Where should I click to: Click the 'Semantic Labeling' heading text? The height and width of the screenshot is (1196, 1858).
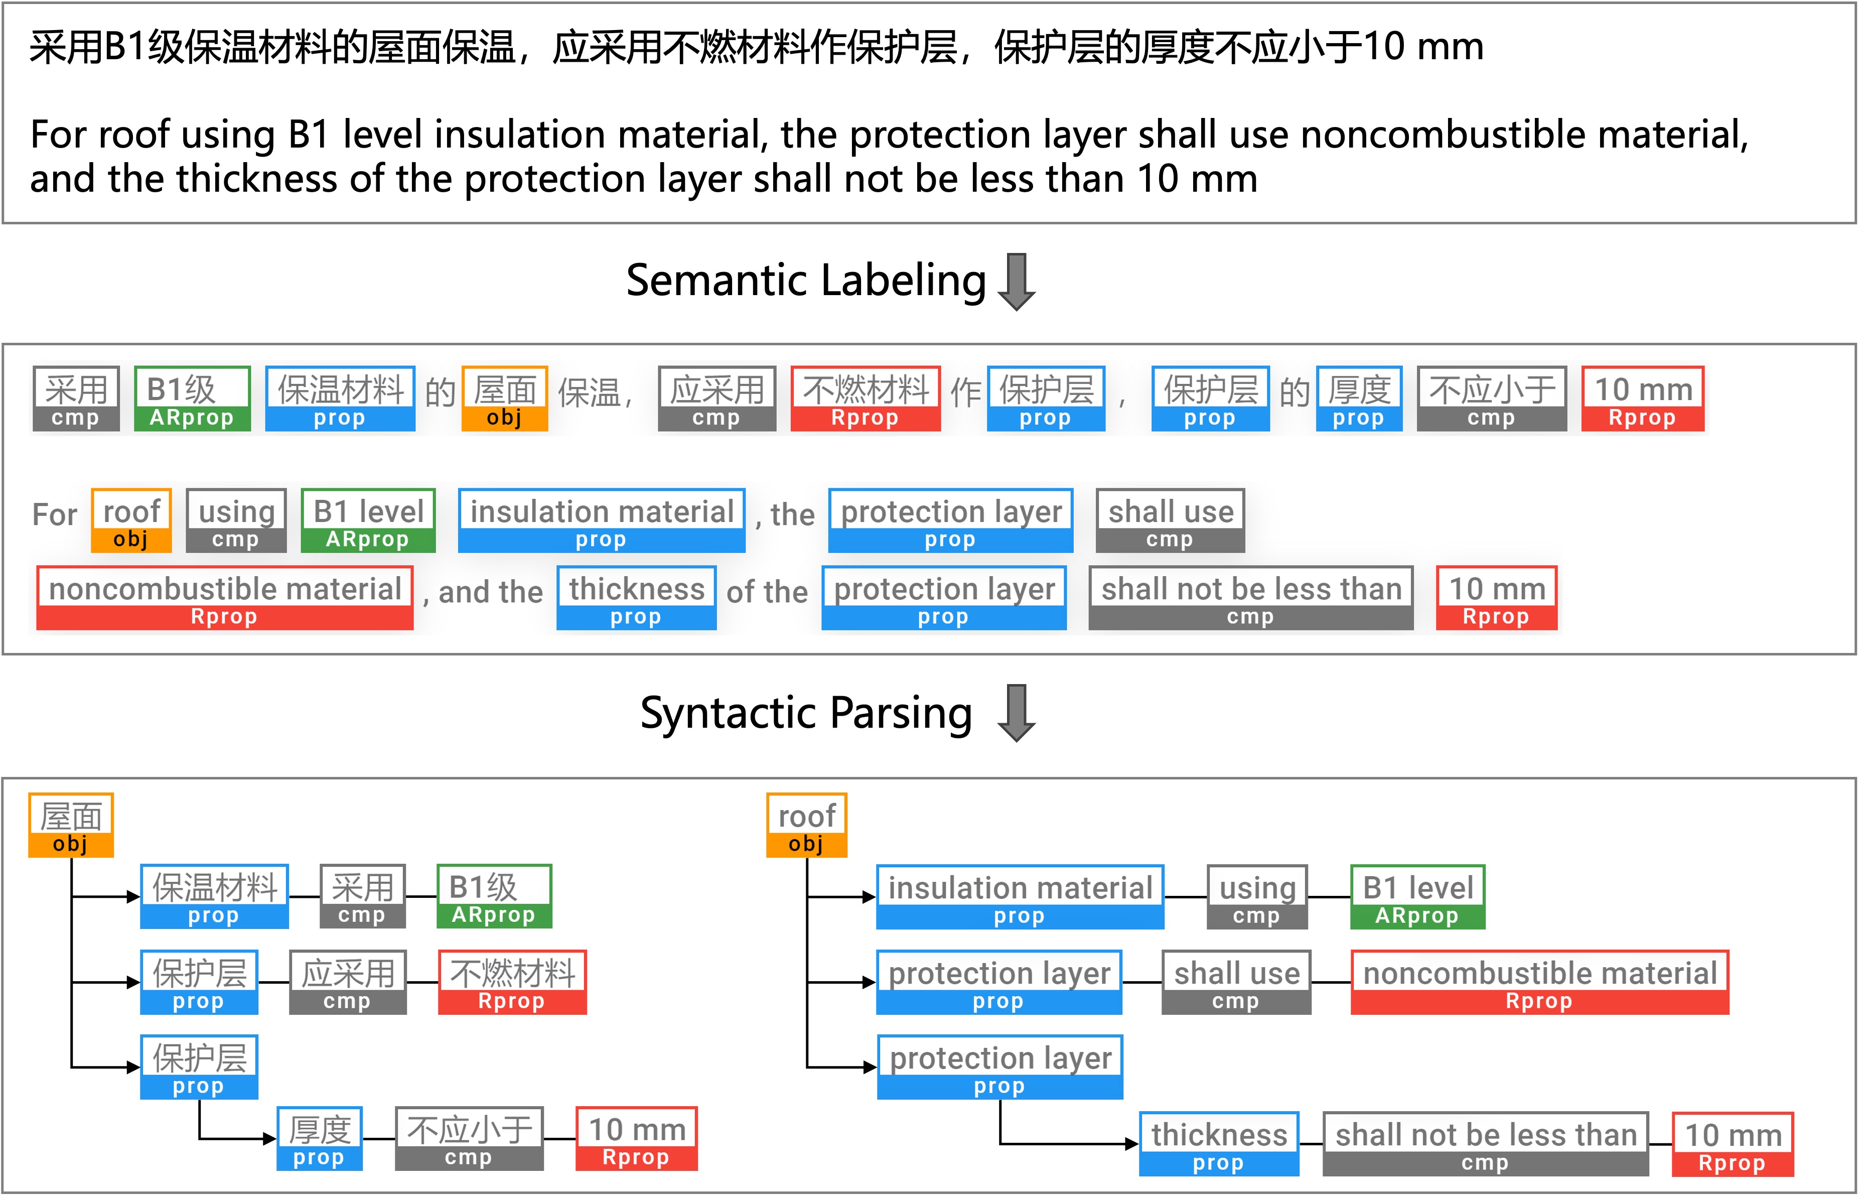tap(805, 281)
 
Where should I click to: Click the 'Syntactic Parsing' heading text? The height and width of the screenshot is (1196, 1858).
tap(805, 713)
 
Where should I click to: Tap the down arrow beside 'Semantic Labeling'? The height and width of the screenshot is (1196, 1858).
tap(1017, 281)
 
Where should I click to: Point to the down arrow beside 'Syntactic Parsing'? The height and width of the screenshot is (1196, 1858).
tap(1017, 713)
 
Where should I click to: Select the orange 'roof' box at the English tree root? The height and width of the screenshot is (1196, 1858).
tap(806, 825)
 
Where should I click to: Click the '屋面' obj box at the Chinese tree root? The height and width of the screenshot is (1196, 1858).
tap(71, 825)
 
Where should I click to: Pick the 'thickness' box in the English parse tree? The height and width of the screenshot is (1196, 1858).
tap(1218, 1143)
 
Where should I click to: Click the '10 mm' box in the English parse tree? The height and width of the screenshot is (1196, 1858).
tap(1732, 1143)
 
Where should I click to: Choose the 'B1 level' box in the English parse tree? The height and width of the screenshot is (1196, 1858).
tap(1417, 896)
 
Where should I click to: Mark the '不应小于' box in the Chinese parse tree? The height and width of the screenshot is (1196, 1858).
tap(469, 1138)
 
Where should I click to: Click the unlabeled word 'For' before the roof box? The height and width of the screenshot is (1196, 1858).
tap(54, 515)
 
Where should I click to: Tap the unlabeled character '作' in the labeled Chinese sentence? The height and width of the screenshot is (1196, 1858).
tap(965, 392)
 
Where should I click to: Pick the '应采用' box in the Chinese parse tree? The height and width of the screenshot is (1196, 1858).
tap(347, 982)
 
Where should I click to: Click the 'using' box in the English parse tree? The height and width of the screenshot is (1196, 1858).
tap(1256, 896)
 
